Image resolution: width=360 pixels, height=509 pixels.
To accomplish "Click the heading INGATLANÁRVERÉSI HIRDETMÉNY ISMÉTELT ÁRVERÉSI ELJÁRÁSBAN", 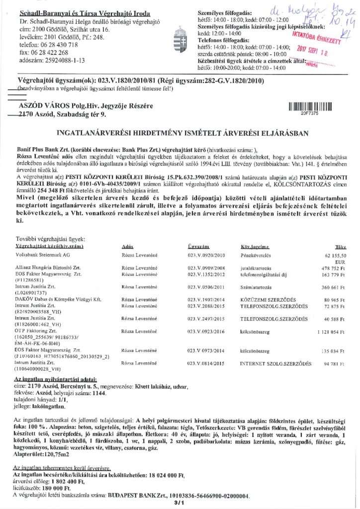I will pyautogui.click(x=180, y=133).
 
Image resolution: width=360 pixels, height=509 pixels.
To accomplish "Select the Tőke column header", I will pyautogui.click(x=340, y=247).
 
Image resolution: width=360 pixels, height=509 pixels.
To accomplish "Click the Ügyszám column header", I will pyautogui.click(x=198, y=247).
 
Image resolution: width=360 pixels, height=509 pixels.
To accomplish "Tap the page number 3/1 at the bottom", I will pyautogui.click(x=180, y=503).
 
